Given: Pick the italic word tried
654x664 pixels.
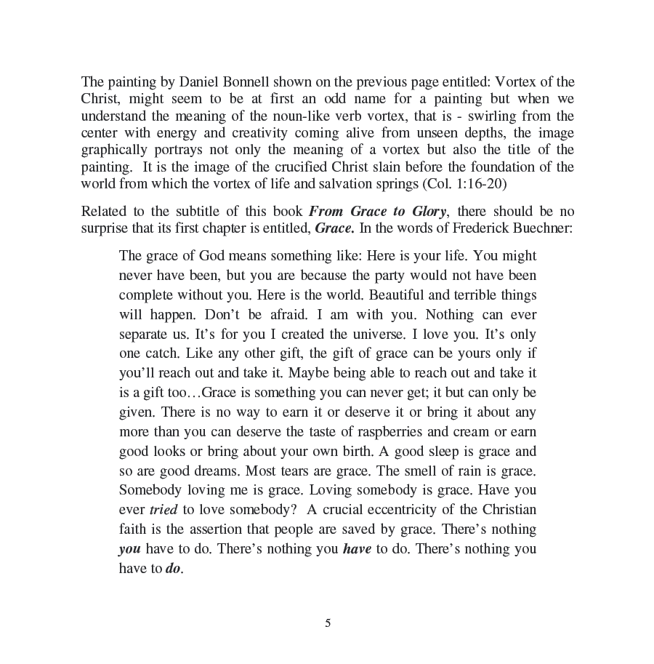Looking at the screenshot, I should pyautogui.click(x=163, y=510).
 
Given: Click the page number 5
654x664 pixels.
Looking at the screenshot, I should pyautogui.click(x=327, y=623).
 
